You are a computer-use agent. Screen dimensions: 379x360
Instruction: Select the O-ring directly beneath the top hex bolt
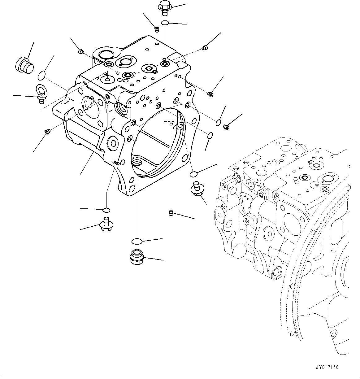(x=165, y=23)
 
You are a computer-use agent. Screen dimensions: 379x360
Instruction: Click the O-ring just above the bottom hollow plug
(x=136, y=241)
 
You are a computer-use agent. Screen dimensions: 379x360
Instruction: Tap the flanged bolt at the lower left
(x=106, y=224)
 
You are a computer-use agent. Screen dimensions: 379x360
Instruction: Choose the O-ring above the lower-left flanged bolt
(x=106, y=211)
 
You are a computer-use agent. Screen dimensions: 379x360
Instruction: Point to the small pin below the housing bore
(x=170, y=212)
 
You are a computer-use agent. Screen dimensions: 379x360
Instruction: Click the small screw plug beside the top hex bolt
(x=157, y=29)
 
